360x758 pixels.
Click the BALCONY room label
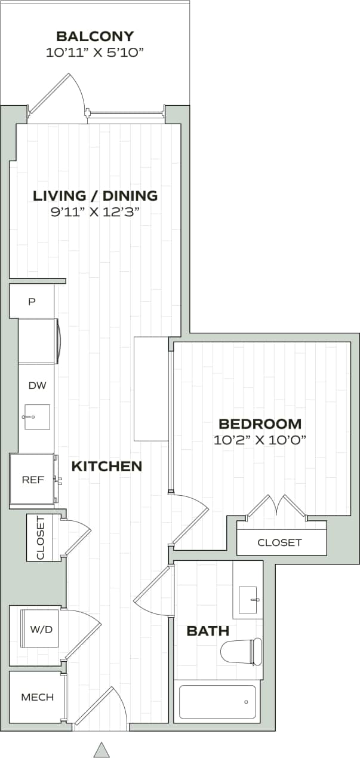(95, 36)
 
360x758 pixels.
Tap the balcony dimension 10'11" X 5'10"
(95, 53)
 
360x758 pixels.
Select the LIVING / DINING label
(95, 195)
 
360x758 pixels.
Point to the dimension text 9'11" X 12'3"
(95, 211)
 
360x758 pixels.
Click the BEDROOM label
(260, 424)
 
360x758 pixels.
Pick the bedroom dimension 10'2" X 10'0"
(260, 440)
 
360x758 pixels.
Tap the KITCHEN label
(107, 467)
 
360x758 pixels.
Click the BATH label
(208, 631)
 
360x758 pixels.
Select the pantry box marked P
(32, 302)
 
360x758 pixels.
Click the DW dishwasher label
(37, 385)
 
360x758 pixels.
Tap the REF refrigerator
(33, 480)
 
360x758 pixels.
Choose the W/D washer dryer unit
(39, 628)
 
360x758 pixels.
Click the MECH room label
(37, 697)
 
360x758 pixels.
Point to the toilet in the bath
(241, 650)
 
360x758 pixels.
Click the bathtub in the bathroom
(217, 702)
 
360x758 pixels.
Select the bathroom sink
(248, 600)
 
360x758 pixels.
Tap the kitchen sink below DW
(36, 417)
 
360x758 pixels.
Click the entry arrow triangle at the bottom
(102, 750)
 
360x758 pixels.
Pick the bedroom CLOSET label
(279, 542)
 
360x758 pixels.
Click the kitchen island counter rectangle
(151, 388)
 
